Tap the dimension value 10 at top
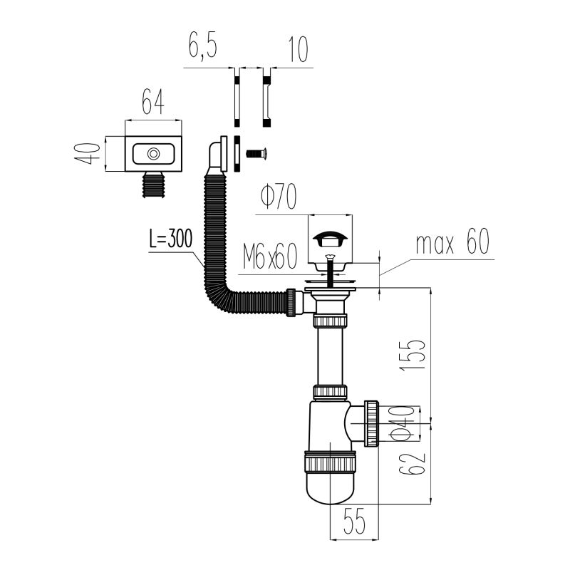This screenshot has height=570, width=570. [x=298, y=49]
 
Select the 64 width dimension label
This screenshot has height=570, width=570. [x=153, y=102]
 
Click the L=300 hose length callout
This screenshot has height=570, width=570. [x=170, y=239]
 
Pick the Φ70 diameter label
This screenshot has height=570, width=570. [x=279, y=197]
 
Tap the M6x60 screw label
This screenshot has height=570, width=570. [x=270, y=256]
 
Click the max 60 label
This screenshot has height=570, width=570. [x=452, y=242]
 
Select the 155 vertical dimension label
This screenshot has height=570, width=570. [x=413, y=356]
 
